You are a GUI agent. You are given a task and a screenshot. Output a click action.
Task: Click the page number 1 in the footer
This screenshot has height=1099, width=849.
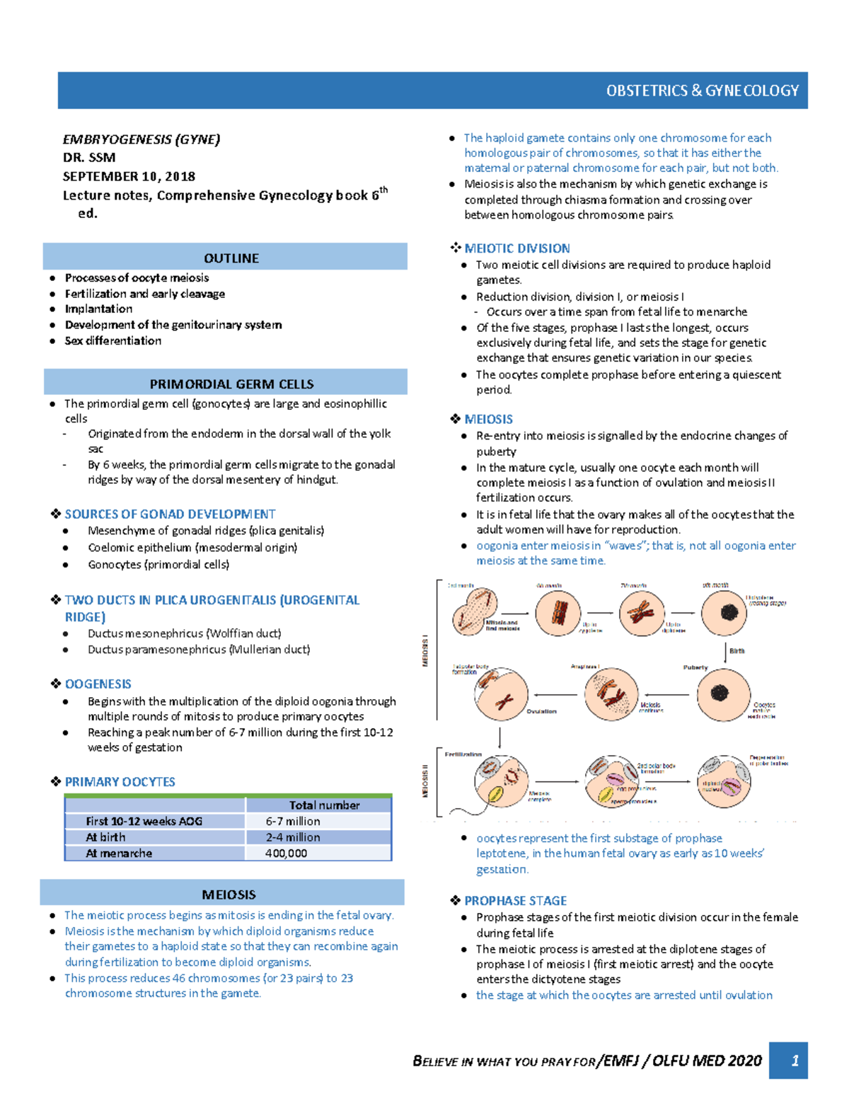pos(795,1061)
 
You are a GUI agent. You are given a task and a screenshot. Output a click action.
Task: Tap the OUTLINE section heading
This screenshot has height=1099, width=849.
pos(231,258)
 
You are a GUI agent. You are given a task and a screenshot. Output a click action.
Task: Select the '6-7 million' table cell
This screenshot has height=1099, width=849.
pos(293,821)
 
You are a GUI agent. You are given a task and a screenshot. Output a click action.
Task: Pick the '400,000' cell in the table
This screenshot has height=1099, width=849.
pos(286,853)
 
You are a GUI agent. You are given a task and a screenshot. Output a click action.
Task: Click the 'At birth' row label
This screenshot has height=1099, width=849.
pos(105,837)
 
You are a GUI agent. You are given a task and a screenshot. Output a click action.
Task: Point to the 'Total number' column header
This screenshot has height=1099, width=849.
pos(324,805)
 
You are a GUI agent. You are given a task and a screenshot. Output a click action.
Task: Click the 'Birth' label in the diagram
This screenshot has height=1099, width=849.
pos(737,650)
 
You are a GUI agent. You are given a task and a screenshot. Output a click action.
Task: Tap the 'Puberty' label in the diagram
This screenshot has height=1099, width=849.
pos(695,667)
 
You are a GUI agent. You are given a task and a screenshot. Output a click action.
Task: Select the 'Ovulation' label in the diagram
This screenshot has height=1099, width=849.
pos(541,711)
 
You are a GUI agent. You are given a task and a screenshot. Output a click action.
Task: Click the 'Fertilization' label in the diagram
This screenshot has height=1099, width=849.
pos(463,754)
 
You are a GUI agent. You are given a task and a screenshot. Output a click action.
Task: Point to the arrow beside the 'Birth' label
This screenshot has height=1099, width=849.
pos(726,652)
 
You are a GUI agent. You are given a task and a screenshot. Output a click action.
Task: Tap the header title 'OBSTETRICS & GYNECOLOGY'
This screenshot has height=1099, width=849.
pos(702,91)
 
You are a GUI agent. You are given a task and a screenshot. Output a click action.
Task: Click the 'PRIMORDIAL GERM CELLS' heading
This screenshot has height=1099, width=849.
pos(231,384)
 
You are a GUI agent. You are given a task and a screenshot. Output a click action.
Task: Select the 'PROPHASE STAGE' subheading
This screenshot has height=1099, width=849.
pos(515,901)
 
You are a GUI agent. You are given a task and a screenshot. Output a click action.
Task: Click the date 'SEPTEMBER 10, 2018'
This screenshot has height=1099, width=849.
pos(129,176)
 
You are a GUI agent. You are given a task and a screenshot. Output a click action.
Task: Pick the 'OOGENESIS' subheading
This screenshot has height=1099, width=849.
pos(98,684)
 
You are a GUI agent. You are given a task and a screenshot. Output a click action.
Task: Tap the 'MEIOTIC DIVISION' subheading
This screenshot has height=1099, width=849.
pos(516,248)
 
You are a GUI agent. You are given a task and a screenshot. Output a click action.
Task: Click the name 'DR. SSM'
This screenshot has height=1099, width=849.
pos(89,157)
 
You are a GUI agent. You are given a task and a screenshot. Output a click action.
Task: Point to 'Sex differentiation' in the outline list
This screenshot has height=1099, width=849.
pos(112,340)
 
